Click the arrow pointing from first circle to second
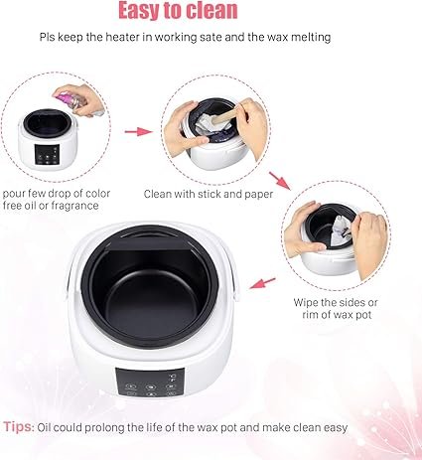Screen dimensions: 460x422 142,129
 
